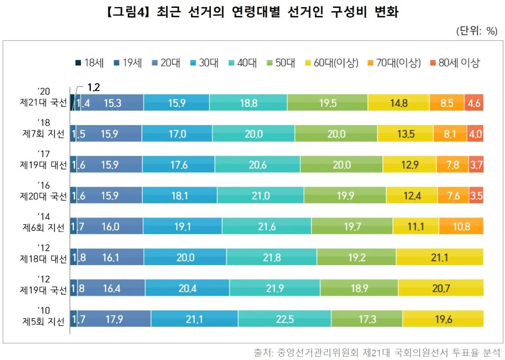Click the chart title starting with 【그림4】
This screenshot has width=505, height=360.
tap(252, 12)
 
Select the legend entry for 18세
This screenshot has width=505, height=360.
tap(89, 63)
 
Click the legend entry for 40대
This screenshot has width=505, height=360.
tap(243, 63)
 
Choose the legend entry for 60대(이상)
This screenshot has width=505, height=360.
tap(331, 63)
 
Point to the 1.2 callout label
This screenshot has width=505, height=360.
tap(94, 87)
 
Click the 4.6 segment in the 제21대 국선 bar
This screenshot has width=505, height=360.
tap(473, 103)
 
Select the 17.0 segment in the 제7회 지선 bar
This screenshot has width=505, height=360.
tap(177, 134)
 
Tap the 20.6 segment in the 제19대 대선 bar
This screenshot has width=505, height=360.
tap(257, 164)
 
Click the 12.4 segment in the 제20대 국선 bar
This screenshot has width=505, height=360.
tap(412, 195)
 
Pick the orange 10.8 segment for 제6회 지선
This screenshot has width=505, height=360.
tap(461, 226)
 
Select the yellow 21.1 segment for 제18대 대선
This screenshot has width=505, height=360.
tap(440, 257)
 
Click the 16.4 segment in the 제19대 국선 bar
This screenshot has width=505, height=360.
tap(112, 288)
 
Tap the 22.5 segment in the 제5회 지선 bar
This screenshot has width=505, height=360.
tap(284, 319)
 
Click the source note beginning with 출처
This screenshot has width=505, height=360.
tap(376, 353)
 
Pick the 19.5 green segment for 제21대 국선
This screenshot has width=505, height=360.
tap(328, 103)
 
